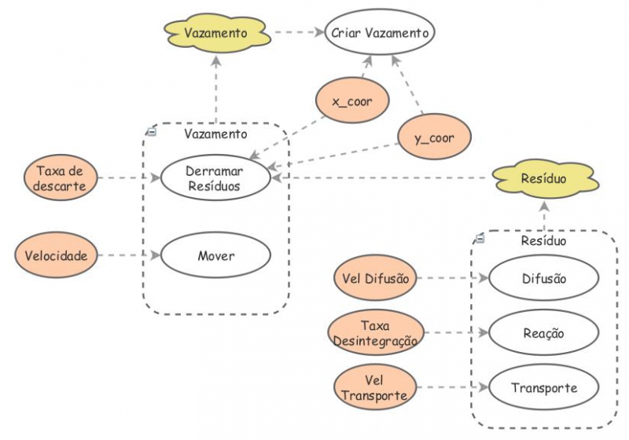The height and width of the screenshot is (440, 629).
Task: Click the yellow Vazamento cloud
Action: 216,34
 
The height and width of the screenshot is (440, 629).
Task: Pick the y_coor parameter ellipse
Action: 435,138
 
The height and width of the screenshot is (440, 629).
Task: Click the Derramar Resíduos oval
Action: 215,178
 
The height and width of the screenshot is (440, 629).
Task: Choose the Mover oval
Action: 215,255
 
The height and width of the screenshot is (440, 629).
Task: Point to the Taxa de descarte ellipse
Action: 59,178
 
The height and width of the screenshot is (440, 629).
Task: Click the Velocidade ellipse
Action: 61,255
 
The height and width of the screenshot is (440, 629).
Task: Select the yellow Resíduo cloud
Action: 543,179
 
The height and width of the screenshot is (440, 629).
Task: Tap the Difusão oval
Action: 543,277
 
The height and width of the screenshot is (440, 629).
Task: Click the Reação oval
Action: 543,332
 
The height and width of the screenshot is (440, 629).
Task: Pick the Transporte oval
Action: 543,387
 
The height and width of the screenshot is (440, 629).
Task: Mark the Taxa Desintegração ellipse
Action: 374,333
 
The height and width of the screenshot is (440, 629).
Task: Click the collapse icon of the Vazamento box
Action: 152,132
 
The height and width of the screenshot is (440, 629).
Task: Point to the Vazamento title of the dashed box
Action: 215,134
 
